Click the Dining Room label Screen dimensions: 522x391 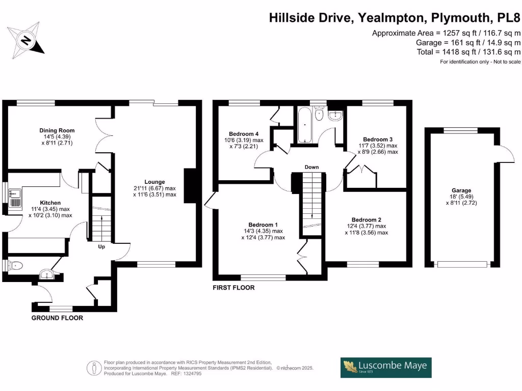click(x=57, y=131)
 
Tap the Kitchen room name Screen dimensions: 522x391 click(x=50, y=203)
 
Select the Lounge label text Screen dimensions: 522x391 click(x=154, y=182)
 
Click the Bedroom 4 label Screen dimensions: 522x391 click(x=244, y=134)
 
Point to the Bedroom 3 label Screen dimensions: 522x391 click(x=378, y=139)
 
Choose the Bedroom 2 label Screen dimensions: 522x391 click(x=367, y=220)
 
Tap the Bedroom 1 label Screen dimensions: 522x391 click(x=263, y=225)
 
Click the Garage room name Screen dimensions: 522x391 click(x=461, y=190)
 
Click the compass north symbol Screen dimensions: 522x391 click(x=25, y=40)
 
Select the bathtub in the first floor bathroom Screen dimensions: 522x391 click(x=305, y=125)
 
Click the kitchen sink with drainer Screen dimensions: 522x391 click(x=15, y=198)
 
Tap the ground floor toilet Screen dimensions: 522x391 click(x=15, y=266)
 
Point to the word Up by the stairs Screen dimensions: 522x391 click(x=101, y=247)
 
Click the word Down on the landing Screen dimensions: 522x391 click(x=311, y=167)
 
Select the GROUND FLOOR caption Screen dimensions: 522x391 click(x=57, y=318)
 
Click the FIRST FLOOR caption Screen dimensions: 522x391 click(x=233, y=288)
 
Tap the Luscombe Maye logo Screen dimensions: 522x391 click(x=386, y=368)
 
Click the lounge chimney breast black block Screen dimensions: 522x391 click(x=191, y=186)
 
